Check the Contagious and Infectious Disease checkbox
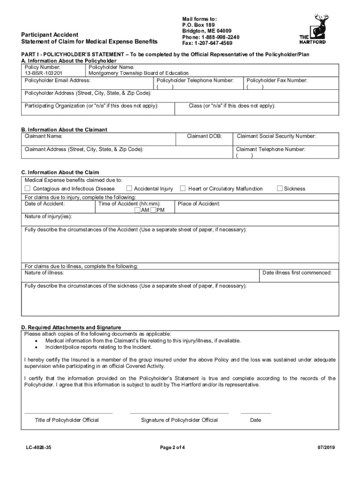point(28,189)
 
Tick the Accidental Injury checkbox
point(129,189)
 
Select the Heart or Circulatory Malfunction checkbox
point(183,189)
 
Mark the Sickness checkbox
point(280,189)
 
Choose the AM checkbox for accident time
point(137,210)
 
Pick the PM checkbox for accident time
point(153,210)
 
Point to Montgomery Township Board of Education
point(138,73)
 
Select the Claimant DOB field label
point(204,137)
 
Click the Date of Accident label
point(45,204)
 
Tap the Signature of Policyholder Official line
point(179,414)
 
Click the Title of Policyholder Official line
point(68,414)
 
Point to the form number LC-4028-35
point(39,448)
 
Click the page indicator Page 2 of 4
point(173,448)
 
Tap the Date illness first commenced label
point(297,273)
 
